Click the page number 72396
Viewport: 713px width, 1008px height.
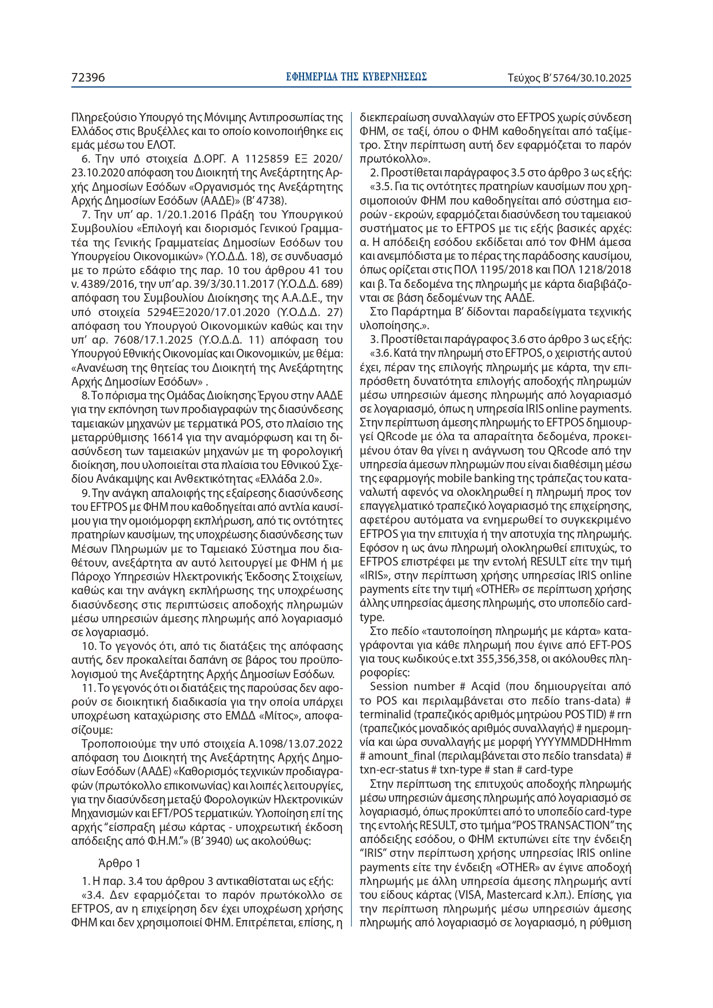(x=88, y=78)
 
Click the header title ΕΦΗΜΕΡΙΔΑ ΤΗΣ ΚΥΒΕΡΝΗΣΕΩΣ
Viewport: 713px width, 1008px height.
(x=356, y=77)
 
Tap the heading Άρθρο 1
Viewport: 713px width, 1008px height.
(x=120, y=863)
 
